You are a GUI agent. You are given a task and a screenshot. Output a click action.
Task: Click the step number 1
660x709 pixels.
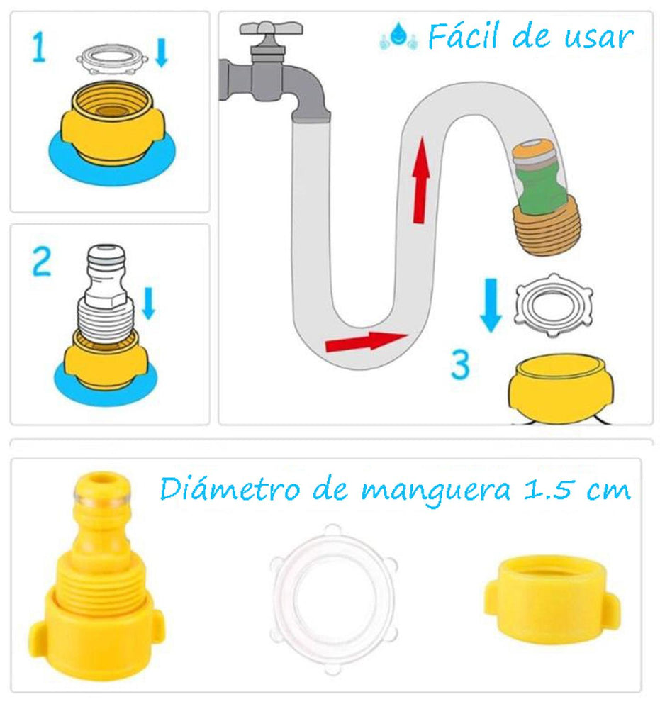pyautogui.click(x=40, y=50)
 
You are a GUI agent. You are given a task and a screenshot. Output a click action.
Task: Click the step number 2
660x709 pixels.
pyautogui.click(x=41, y=262)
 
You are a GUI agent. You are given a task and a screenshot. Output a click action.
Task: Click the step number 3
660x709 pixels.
pyautogui.click(x=460, y=365)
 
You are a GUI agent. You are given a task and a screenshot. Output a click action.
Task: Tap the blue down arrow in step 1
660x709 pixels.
pyautogui.click(x=161, y=53)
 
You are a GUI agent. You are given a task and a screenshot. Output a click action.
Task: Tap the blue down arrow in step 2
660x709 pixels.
pyautogui.click(x=147, y=303)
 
